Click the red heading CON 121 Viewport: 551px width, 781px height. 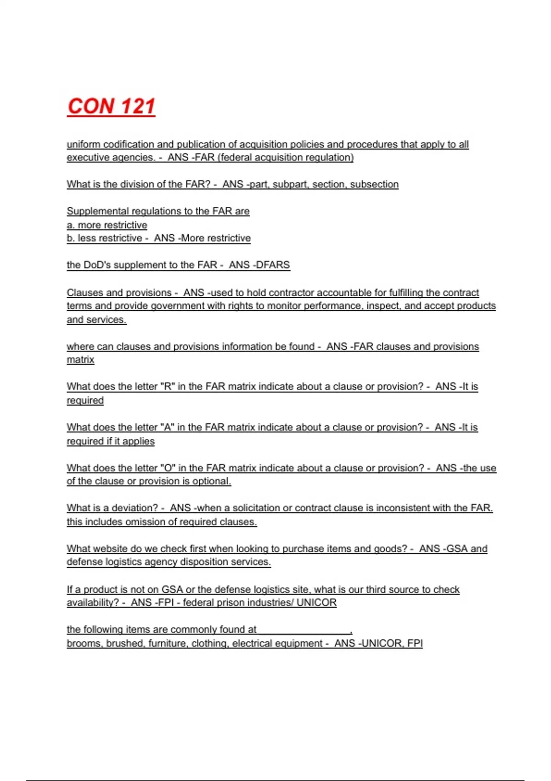(111, 106)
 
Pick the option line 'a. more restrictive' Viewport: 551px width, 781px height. (107, 225)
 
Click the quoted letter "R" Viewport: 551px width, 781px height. (167, 387)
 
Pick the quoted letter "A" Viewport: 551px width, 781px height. (167, 427)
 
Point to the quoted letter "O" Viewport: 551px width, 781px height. (168, 468)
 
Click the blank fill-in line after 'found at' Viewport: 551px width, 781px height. (304, 630)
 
